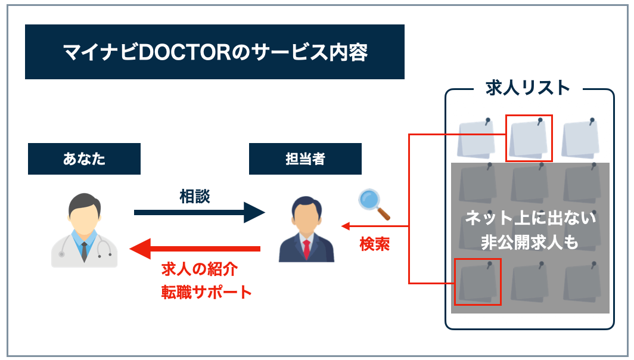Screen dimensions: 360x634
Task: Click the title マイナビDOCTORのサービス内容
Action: pos(215,52)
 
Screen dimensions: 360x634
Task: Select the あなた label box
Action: pos(84,159)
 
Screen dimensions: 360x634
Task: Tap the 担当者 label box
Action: pos(305,159)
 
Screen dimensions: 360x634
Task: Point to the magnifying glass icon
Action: pos(374,204)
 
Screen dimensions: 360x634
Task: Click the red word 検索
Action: pos(374,244)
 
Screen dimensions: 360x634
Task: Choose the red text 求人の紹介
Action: pos(199,269)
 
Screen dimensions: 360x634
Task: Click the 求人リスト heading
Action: pos(529,88)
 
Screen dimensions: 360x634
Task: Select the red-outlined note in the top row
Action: pos(529,138)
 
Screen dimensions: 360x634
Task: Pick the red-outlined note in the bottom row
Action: pos(477,281)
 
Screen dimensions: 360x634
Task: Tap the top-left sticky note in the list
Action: pos(477,138)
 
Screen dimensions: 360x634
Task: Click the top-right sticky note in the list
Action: pos(580,138)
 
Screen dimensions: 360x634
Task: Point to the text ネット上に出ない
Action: pos(530,219)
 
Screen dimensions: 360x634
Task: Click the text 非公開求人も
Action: pos(530,241)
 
